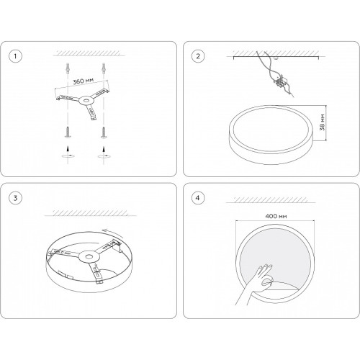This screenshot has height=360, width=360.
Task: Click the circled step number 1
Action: tap(15, 56)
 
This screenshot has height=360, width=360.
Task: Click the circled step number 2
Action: tap(198, 56)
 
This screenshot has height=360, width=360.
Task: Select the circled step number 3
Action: tap(15, 198)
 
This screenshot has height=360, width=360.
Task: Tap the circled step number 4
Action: tap(198, 198)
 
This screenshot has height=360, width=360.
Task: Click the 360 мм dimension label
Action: tap(83, 81)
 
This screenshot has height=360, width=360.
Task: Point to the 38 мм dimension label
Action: tap(323, 122)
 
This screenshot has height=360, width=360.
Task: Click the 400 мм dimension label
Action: tap(276, 216)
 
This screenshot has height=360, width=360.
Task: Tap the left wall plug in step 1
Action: tap(68, 68)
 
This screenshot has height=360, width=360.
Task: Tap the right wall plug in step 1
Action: tap(104, 68)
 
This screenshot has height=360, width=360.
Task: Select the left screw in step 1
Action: tap(68, 132)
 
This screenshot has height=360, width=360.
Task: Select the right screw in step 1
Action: tap(104, 132)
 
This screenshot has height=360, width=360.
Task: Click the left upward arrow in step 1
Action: tap(68, 148)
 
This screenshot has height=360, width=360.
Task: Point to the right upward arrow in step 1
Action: tap(104, 148)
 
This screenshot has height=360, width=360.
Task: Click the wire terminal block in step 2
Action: tap(280, 81)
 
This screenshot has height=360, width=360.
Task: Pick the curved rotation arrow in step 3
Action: tap(113, 233)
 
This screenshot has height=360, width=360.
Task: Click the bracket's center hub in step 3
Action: tap(89, 256)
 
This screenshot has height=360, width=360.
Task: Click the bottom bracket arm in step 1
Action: tap(91, 112)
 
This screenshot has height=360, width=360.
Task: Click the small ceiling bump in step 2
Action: tap(276, 58)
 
